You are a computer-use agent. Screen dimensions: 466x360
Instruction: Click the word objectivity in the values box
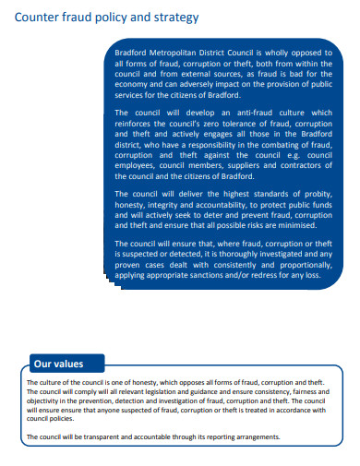(x=44, y=401)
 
